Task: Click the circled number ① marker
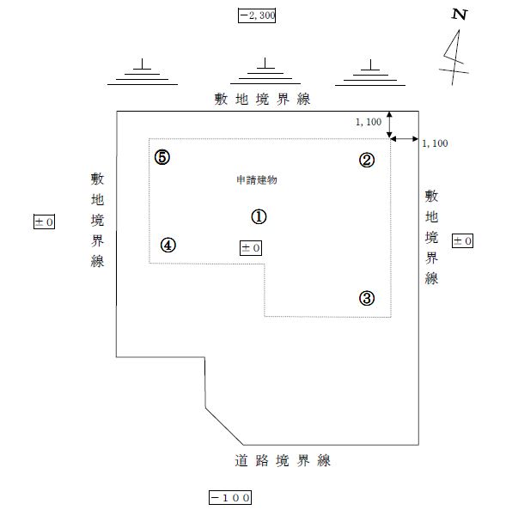[x=259, y=216]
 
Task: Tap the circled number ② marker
[x=367, y=160]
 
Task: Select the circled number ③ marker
[x=367, y=298]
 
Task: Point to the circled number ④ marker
[x=168, y=246]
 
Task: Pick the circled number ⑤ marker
[x=162, y=157]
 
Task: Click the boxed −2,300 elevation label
[x=257, y=15]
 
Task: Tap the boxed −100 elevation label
[x=230, y=497]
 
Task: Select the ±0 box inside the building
[x=251, y=248]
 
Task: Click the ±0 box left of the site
[x=45, y=222]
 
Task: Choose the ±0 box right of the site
[x=462, y=240]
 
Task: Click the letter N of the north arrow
[x=460, y=15]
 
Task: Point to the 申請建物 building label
[x=257, y=179]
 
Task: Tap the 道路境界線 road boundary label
[x=283, y=460]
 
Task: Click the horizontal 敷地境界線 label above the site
[x=262, y=100]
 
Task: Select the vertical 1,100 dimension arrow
[x=389, y=124]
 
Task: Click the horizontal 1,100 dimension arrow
[x=405, y=139]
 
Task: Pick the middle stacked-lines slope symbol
[x=265, y=71]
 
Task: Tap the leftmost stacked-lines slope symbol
[x=143, y=72]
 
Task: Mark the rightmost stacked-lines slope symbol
[x=370, y=73]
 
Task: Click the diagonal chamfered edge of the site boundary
[x=224, y=426]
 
